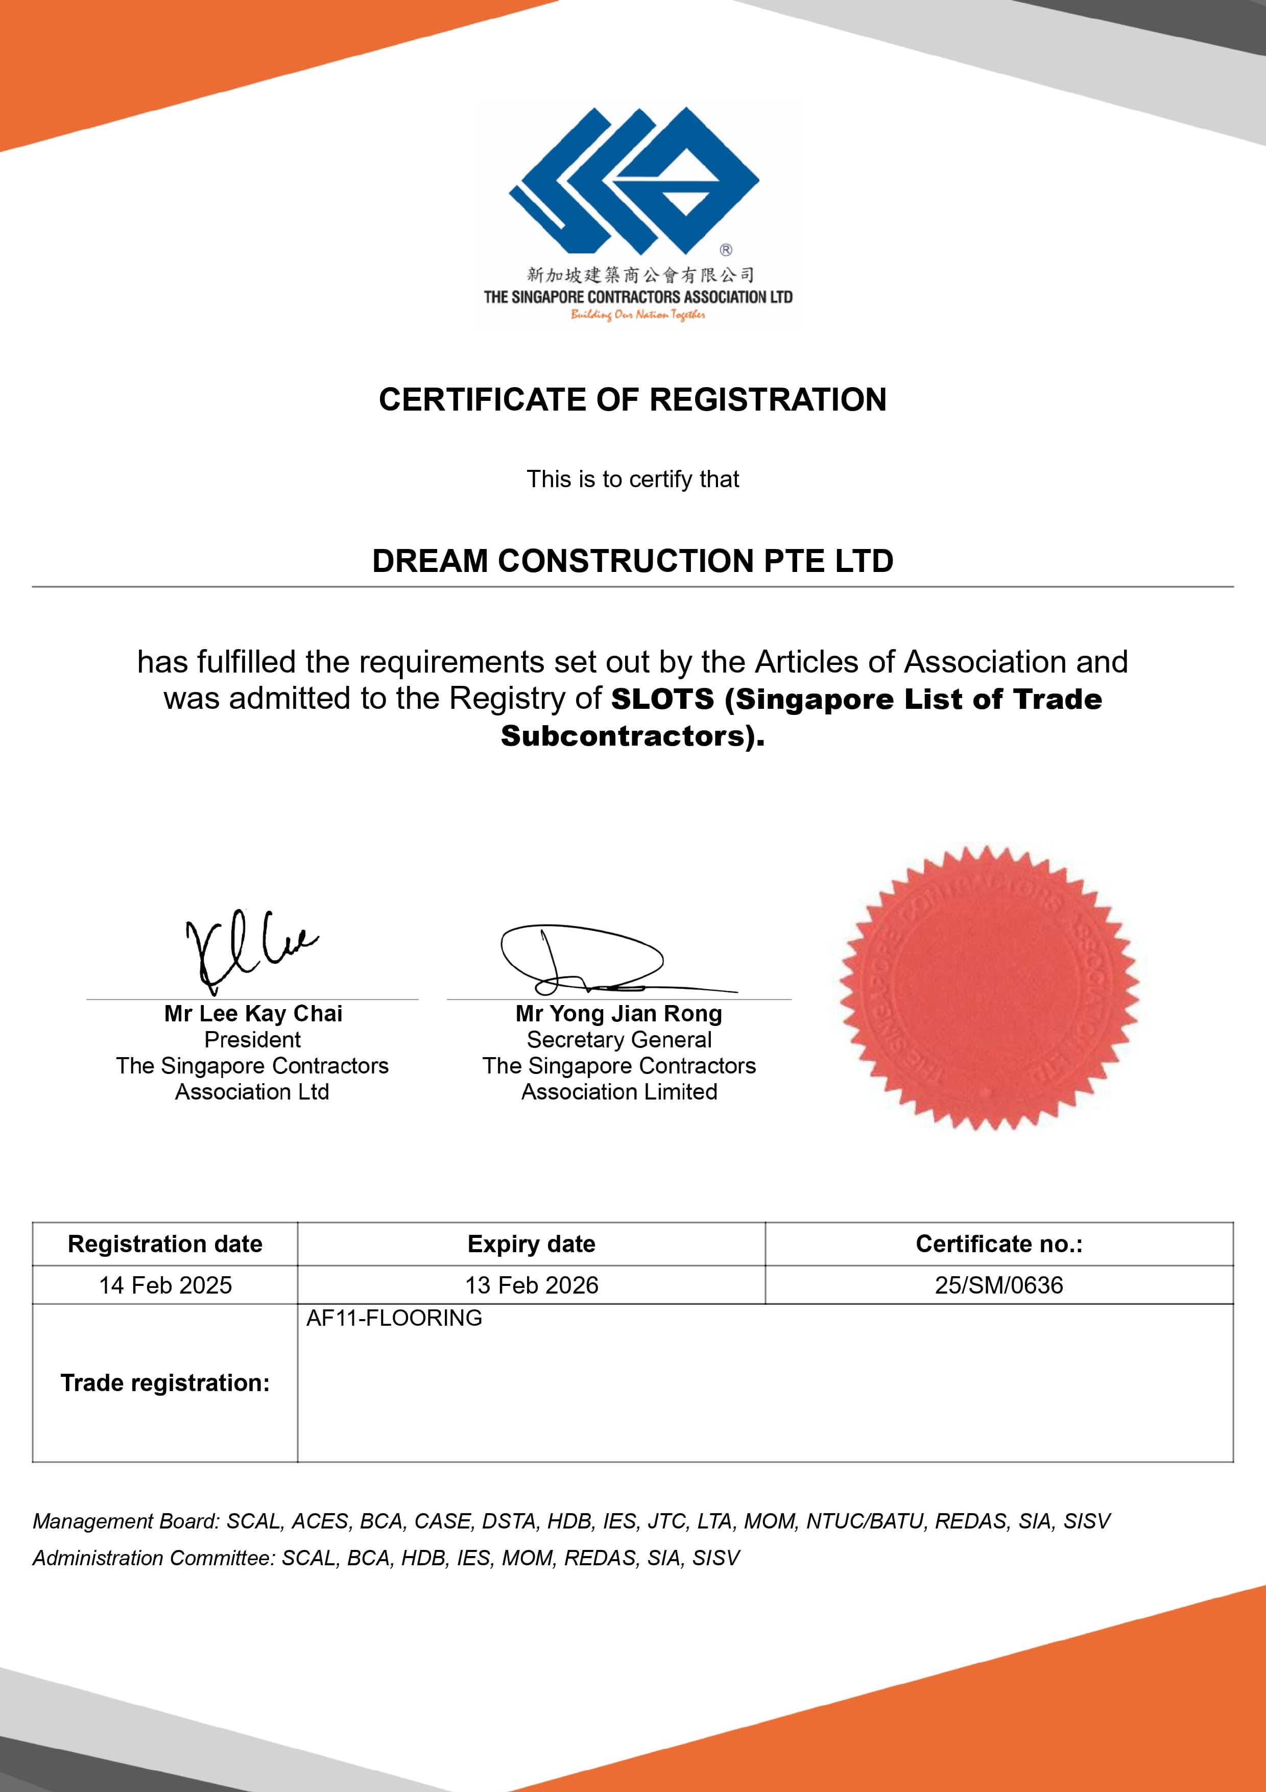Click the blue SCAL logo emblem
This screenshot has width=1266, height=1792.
point(633,181)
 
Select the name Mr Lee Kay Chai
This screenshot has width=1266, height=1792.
point(253,1013)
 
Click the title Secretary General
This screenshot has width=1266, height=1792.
point(619,1040)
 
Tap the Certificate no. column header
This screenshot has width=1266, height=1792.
point(999,1244)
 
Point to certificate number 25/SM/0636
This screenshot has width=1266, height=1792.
point(999,1285)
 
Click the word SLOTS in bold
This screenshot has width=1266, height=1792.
point(662,699)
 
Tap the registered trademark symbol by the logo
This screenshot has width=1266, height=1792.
point(726,250)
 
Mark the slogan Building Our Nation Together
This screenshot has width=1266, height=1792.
point(638,315)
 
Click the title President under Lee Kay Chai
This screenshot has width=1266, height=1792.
point(252,1040)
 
